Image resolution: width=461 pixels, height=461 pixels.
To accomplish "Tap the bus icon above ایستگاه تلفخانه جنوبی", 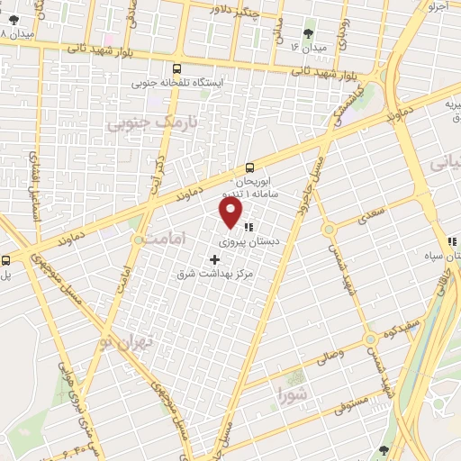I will (176, 68).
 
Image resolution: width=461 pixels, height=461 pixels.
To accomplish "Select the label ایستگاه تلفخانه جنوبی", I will (176, 83).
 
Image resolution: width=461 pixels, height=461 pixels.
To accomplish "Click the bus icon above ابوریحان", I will (251, 167).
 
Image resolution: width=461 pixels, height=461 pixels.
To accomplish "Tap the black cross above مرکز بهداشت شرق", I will (214, 259).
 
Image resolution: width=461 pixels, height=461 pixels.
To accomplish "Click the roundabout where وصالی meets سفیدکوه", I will (370, 339).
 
